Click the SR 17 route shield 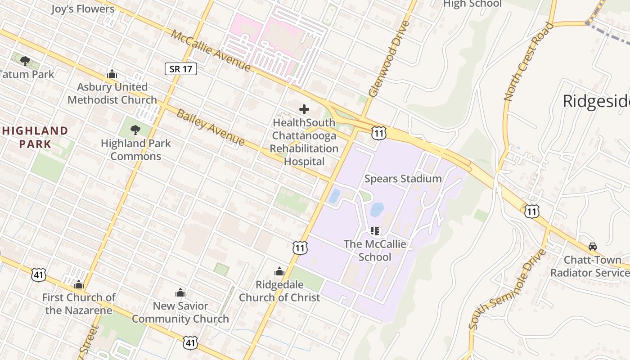coord(181,69)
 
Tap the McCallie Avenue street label coord(211,50)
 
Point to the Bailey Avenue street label coord(210,127)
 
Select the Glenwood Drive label coord(390,58)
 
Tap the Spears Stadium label coord(403,179)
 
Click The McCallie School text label coord(375,251)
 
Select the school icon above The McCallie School coord(375,231)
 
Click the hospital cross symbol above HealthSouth coord(304,109)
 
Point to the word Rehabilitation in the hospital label coord(304,148)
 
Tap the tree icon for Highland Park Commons coord(135,130)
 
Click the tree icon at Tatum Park coord(25,61)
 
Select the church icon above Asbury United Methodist coord(112,74)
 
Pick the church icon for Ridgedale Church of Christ coord(279,272)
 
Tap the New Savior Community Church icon coord(180,293)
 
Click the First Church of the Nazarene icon coord(79,284)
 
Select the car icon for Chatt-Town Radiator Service coord(593,247)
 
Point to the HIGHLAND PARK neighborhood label coord(35,137)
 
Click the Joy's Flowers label coord(83,9)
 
